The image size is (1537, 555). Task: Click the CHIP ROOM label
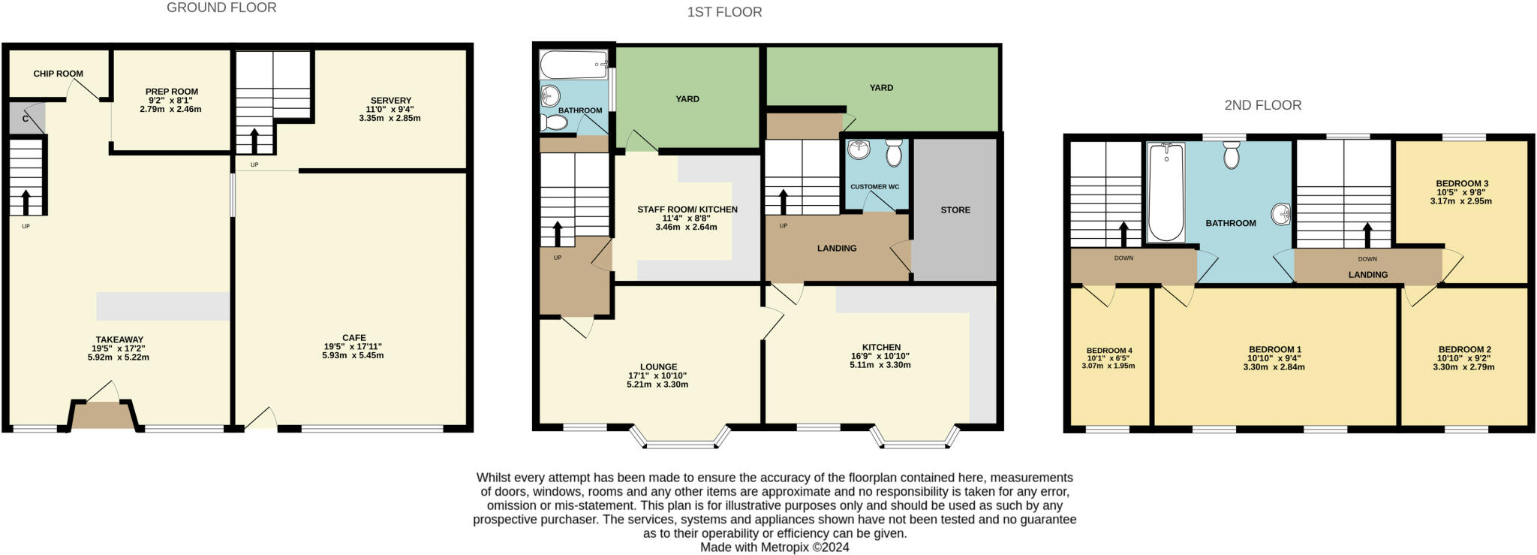[x=58, y=74]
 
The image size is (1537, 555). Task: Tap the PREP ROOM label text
[x=172, y=92]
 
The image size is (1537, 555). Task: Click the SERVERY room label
[x=390, y=101]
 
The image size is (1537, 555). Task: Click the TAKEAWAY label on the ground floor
[x=119, y=339]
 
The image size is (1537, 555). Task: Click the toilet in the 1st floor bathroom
[x=555, y=122]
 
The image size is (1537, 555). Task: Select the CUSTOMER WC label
[x=874, y=187]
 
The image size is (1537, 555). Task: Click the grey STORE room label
[x=955, y=210]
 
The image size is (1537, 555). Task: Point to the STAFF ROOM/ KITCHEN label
[x=687, y=210]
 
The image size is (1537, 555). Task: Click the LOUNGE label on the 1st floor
[x=658, y=367]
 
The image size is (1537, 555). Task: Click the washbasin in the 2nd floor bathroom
[x=1280, y=215]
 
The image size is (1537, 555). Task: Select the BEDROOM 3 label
[x=1462, y=183]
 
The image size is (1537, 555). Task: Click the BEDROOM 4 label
[x=1108, y=351]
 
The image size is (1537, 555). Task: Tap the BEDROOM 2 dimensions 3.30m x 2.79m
[x=1464, y=367]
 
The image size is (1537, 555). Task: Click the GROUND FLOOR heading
[x=221, y=8]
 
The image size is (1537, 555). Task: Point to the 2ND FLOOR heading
[x=1262, y=105]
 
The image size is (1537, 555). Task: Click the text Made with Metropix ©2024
[x=775, y=547]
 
